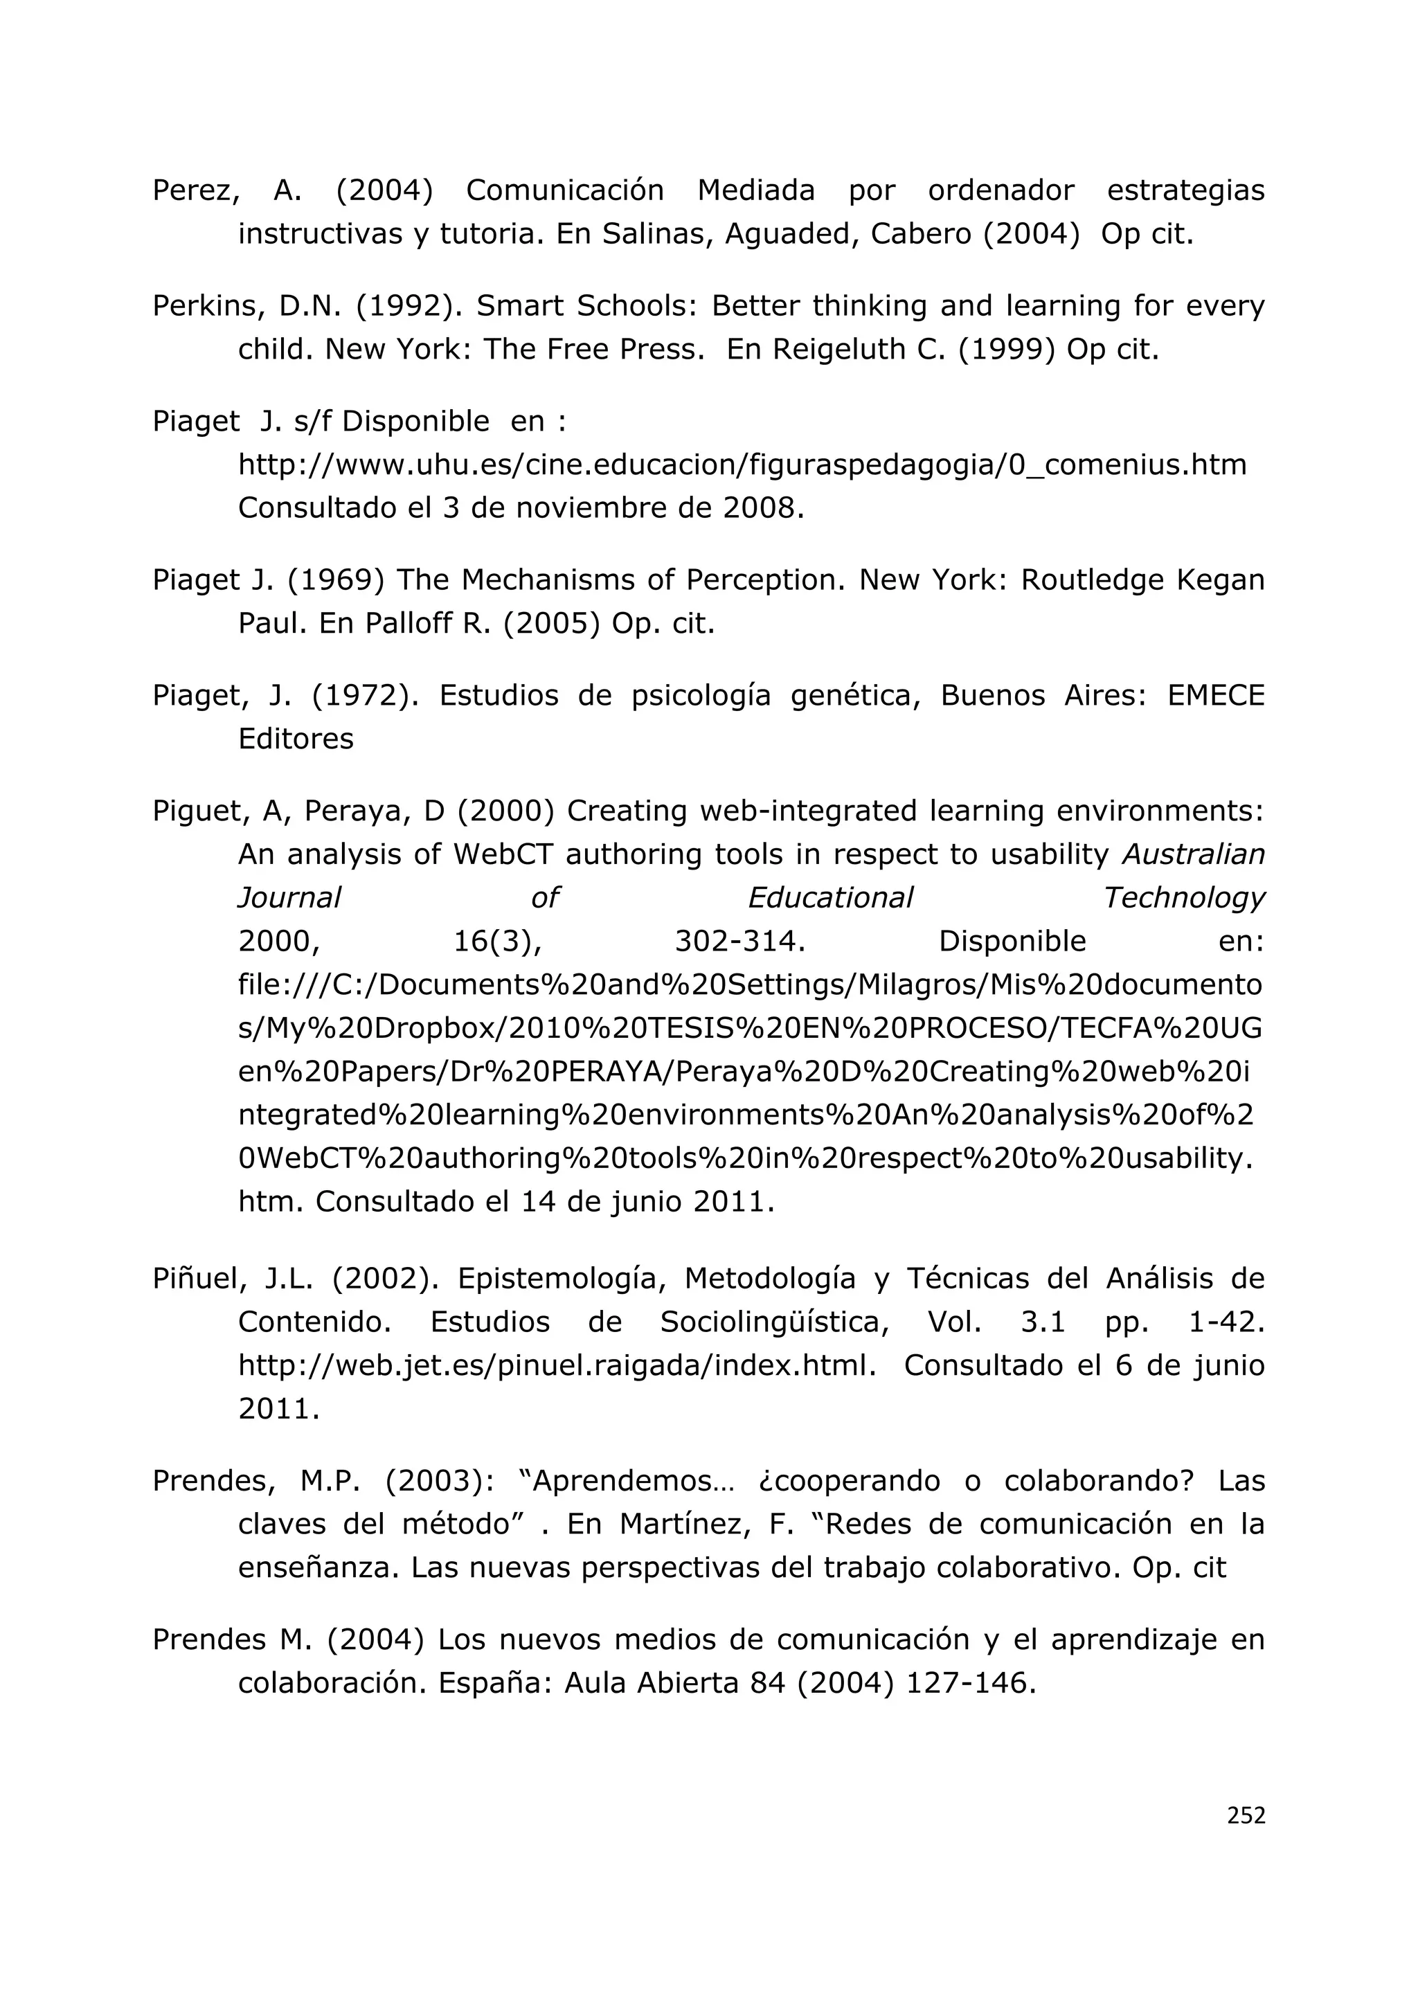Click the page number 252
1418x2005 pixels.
[x=1245, y=1815]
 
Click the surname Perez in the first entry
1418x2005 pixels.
[x=195, y=190]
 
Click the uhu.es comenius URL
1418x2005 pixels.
[x=742, y=465]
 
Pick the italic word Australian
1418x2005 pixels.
[x=1193, y=854]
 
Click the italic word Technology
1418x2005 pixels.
[x=1183, y=898]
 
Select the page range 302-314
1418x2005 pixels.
[x=739, y=942]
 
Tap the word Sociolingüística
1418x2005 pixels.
[x=775, y=1322]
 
